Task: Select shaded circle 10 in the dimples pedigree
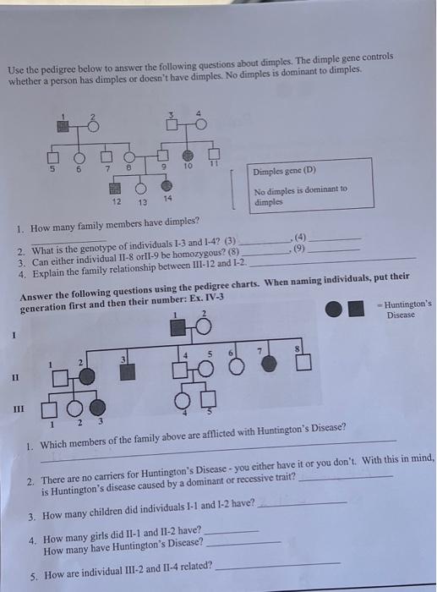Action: click(x=188, y=156)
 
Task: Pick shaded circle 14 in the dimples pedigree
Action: click(x=167, y=185)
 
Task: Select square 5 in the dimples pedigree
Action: click(x=53, y=156)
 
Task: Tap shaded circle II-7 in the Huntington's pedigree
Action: click(x=269, y=364)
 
